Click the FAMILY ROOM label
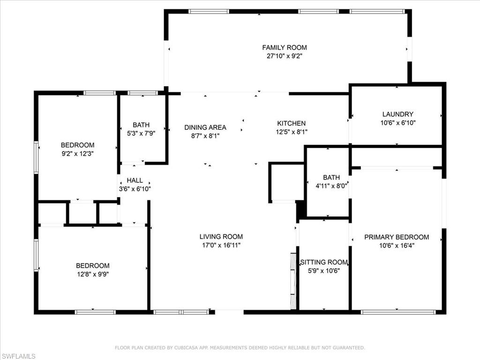tap(284, 47)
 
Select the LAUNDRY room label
tap(397, 114)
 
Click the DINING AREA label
tap(205, 127)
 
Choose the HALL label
tap(135, 180)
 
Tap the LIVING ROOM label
tap(221, 237)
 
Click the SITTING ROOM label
tap(324, 262)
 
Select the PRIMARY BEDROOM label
tap(397, 237)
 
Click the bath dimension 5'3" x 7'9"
tap(141, 134)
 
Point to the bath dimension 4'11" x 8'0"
tap(331, 186)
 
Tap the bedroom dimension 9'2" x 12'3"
tap(77, 154)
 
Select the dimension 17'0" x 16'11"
tap(221, 245)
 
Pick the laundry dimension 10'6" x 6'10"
tap(397, 123)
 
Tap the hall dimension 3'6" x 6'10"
tap(135, 189)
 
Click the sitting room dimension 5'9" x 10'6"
tap(324, 270)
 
